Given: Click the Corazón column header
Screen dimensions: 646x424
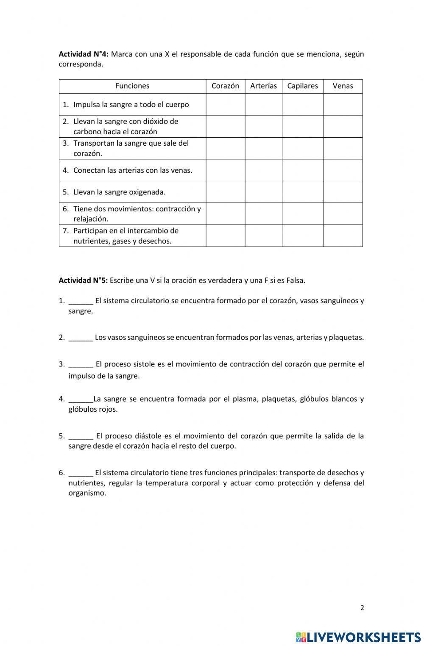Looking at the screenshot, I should [225, 86].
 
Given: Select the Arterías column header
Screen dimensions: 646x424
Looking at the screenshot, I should [263, 86].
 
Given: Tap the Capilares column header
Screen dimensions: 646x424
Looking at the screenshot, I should [302, 86].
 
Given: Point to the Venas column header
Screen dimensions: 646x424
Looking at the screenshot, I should [343, 86].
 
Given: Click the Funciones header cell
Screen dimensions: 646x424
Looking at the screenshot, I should [132, 86].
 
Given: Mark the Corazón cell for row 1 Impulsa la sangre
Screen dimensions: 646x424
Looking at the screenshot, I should [225, 105].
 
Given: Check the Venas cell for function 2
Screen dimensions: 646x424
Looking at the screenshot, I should [343, 126].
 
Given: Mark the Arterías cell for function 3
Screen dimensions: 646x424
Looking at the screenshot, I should [263, 148].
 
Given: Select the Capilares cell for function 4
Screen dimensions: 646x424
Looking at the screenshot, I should [302, 170].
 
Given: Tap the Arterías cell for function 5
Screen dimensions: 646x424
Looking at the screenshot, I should [263, 192].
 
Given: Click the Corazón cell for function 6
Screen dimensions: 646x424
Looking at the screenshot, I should [225, 213].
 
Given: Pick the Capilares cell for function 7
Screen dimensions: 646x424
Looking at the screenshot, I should [302, 236].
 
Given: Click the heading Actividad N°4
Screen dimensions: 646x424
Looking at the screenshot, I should [84, 54].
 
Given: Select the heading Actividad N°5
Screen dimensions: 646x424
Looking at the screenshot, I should [84, 280].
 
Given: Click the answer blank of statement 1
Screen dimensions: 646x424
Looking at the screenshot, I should [81, 302].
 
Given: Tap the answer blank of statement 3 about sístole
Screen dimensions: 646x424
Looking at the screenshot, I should [81, 365].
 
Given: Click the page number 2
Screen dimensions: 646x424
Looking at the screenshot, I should [362, 608].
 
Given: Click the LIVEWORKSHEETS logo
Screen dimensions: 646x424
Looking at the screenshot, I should [358, 637].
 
